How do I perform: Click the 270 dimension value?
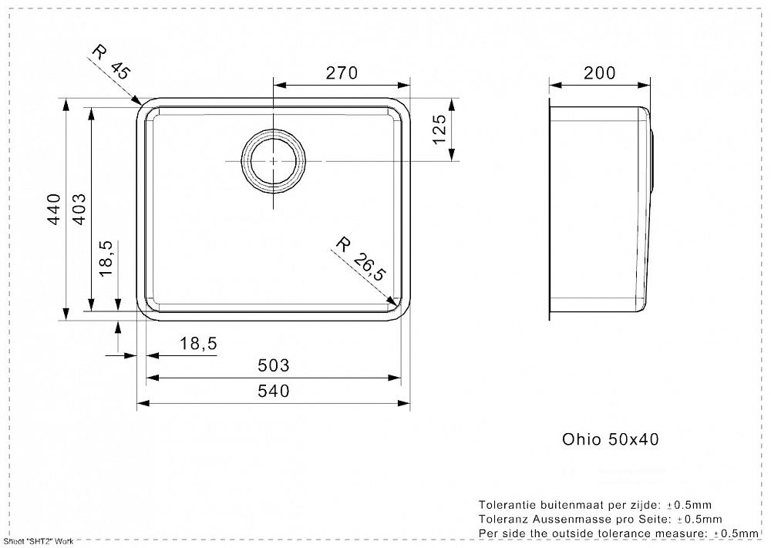[x=342, y=72]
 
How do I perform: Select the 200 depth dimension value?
[x=599, y=72]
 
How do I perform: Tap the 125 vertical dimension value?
[x=440, y=129]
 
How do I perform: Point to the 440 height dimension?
[x=54, y=210]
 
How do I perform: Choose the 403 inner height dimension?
[x=79, y=210]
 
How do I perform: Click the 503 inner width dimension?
[x=274, y=365]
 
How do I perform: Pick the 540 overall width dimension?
[x=274, y=392]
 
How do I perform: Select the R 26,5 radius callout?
[x=359, y=258]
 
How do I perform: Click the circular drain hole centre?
[x=274, y=161]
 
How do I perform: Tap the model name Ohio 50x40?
[x=610, y=439]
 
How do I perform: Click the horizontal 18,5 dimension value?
[x=197, y=344]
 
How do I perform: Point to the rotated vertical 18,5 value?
[x=106, y=258]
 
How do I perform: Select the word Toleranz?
[x=503, y=519]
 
